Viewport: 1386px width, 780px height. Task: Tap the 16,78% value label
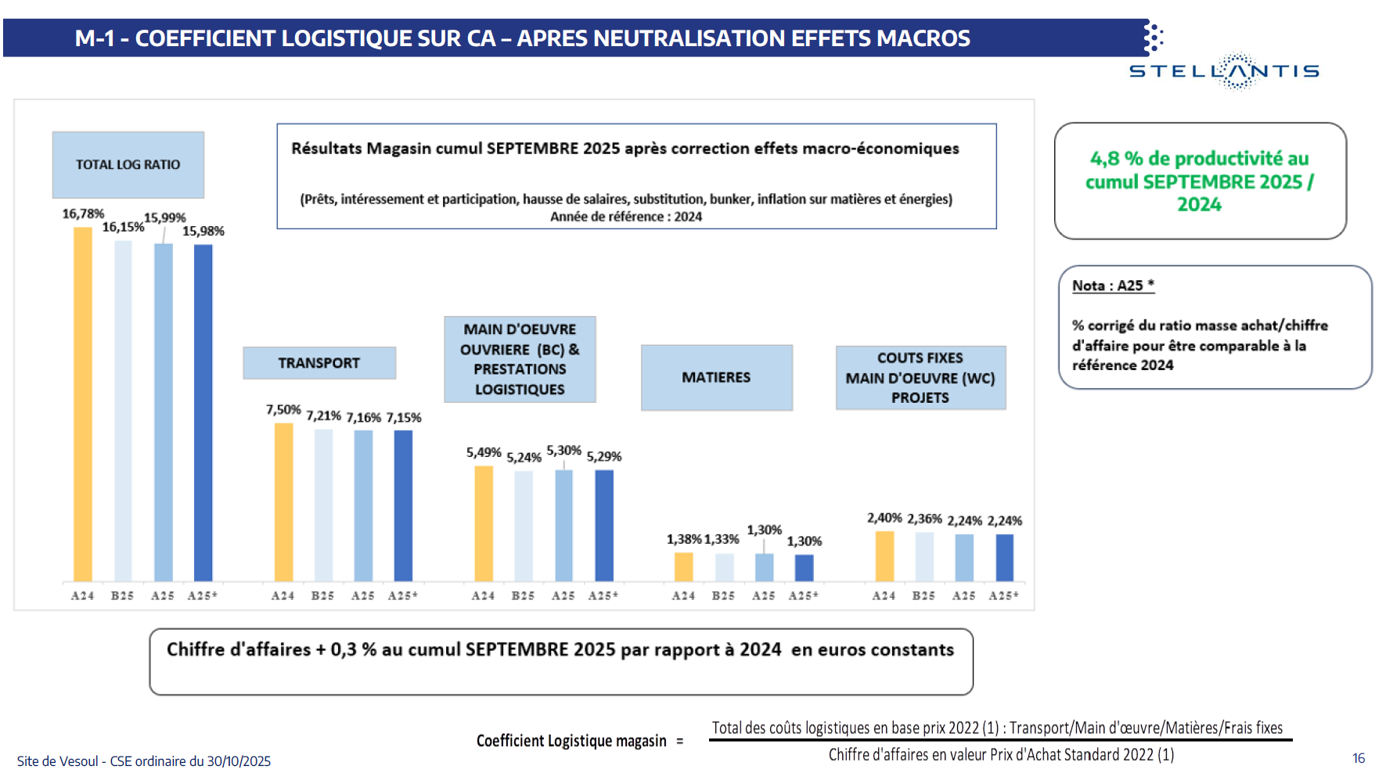[x=83, y=214]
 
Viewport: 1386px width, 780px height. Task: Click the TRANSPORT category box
[x=319, y=363]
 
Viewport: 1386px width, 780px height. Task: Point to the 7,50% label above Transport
[x=283, y=409]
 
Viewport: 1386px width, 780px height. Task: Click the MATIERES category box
[x=716, y=377]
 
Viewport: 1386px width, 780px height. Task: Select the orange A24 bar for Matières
[x=683, y=566]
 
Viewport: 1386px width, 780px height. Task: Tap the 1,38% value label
[x=683, y=539]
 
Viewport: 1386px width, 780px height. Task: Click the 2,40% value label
[x=884, y=518]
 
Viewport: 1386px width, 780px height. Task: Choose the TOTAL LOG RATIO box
[x=128, y=164]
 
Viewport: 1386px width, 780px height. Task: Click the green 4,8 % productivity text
[x=1199, y=181]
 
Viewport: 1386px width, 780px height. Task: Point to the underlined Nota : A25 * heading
[x=1113, y=286]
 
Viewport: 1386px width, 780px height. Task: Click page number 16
[x=1358, y=758]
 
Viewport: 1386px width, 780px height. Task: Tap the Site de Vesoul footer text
[x=144, y=761]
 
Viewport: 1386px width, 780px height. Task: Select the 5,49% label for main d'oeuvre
[x=484, y=452]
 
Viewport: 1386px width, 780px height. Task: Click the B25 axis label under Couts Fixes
[x=923, y=595]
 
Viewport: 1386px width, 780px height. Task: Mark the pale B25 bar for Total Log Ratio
[x=123, y=411]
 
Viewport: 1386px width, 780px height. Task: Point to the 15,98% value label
[x=203, y=231]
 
